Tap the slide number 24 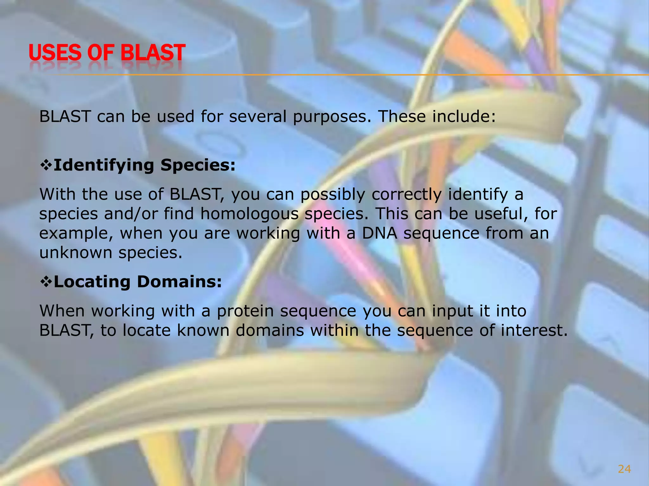624,469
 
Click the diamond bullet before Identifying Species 46,165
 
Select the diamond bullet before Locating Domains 46,282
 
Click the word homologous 249,214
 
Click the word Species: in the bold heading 198,165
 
